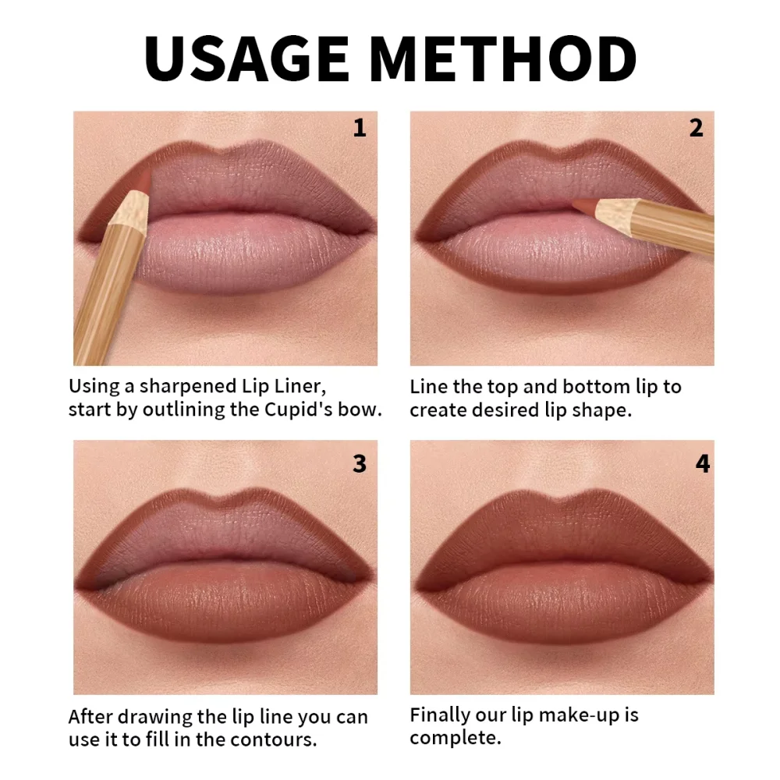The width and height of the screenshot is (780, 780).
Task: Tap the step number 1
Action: click(x=359, y=128)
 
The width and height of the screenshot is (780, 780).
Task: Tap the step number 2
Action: click(x=696, y=128)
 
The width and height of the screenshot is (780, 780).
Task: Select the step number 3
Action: click(x=359, y=463)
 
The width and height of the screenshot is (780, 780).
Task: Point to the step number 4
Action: click(x=702, y=463)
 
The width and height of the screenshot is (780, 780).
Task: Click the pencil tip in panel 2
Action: click(x=579, y=204)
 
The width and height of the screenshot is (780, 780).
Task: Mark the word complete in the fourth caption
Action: click(x=455, y=738)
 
